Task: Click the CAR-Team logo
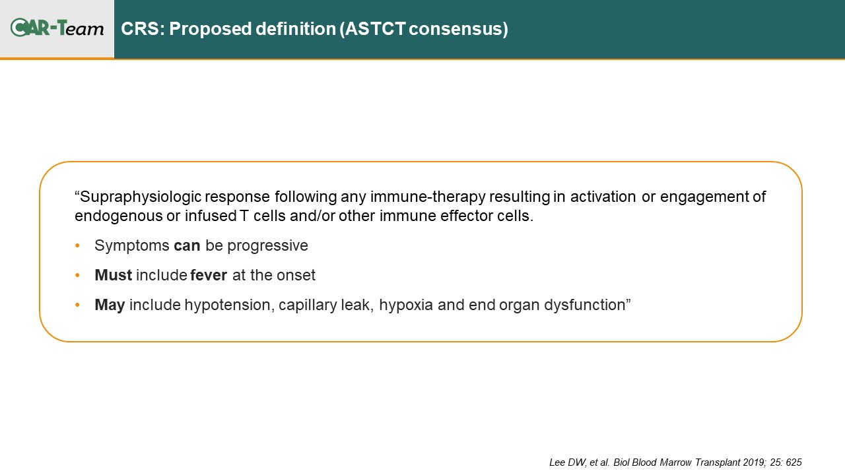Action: coord(57,28)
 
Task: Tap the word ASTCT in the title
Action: coord(375,28)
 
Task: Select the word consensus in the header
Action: coord(456,29)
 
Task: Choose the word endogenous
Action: coord(118,216)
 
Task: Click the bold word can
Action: coord(187,246)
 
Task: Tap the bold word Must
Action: coord(113,275)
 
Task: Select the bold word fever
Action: coord(209,275)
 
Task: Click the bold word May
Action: coord(110,305)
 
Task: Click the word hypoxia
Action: coord(406,305)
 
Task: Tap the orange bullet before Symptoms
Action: coord(77,246)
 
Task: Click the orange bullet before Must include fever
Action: coord(77,275)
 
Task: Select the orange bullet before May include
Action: coord(77,305)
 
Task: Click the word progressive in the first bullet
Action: coord(267,246)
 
